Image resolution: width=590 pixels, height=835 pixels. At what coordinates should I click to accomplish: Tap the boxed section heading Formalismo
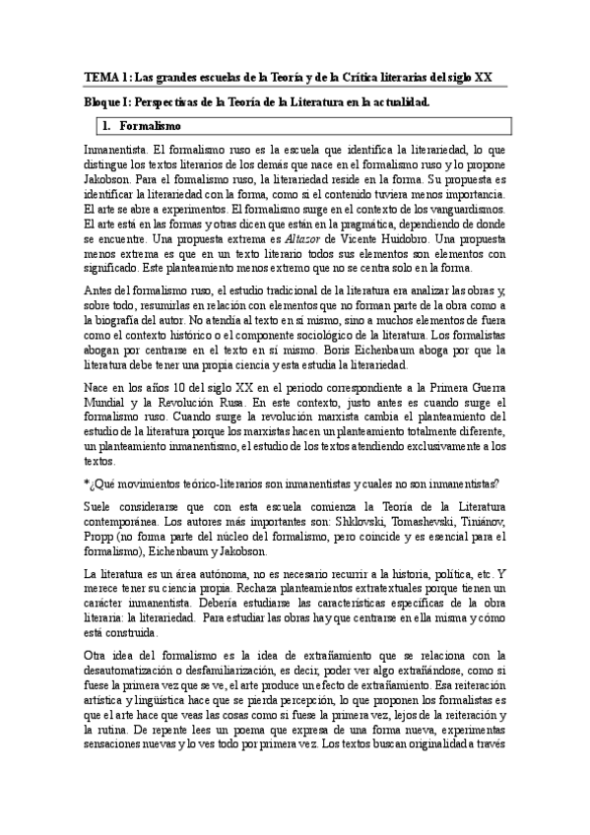(150, 126)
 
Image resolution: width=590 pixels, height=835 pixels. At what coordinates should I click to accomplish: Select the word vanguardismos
(459, 210)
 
